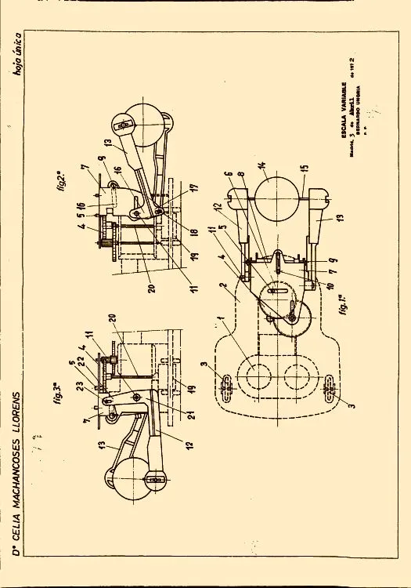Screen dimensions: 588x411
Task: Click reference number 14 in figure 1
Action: click(262, 168)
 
